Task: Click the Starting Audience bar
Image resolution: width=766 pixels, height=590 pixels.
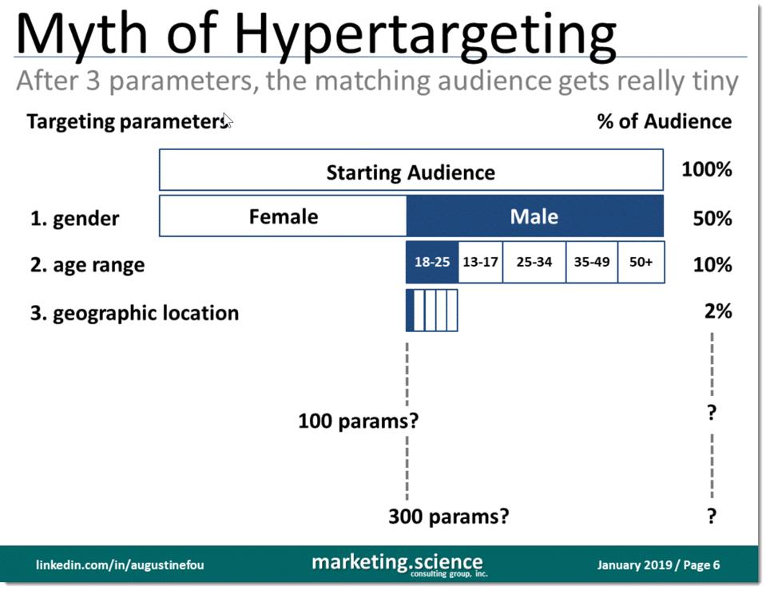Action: coord(411,172)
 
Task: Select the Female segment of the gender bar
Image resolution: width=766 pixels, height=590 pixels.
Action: coord(283,216)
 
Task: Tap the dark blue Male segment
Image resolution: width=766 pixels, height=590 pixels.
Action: coord(534,216)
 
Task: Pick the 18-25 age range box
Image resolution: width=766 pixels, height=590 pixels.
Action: coord(432,262)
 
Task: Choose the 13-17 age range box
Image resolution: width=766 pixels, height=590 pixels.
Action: coord(480,262)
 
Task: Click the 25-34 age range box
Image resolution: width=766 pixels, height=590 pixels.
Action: coord(534,262)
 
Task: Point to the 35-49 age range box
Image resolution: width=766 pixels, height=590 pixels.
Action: coord(591,262)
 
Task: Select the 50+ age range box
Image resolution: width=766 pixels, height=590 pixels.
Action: coord(641,262)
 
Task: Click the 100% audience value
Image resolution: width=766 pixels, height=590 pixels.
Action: coord(706,170)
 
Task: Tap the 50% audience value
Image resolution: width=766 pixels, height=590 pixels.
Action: coord(712,218)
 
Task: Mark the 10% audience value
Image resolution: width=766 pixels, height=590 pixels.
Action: coord(712,264)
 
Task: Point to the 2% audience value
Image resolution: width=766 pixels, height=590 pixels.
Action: coord(718,311)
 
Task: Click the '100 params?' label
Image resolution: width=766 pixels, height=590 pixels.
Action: coord(358,420)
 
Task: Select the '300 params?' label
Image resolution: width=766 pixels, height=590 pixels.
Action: coord(448,517)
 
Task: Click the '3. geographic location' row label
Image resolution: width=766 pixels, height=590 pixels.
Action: coord(134,313)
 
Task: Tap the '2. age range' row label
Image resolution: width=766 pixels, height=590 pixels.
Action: coord(88,265)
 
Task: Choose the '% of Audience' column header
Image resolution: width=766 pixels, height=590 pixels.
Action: coord(664,121)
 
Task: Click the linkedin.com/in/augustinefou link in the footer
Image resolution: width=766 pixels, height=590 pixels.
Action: coord(120,565)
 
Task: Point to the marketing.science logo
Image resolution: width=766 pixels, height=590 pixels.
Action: coord(397,564)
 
